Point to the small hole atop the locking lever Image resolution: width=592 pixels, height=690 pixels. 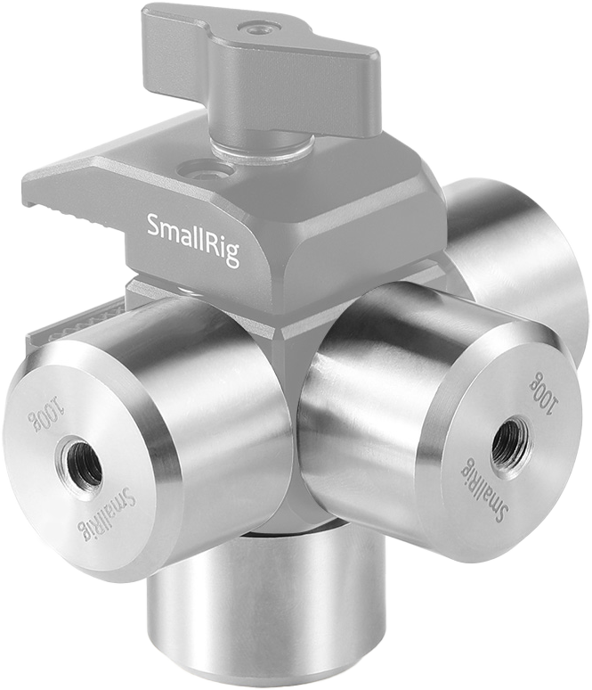[259, 29]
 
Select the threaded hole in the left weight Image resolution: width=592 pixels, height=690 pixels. [80, 464]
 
